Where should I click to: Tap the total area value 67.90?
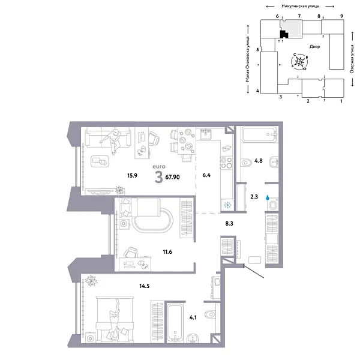point(175,176)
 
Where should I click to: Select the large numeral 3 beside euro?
point(158,177)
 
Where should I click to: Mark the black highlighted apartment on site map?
point(284,34)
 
